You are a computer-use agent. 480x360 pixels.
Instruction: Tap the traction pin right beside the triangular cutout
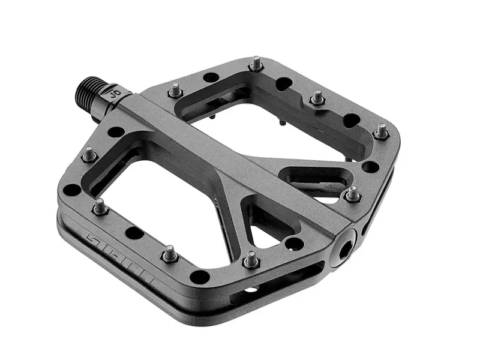250,259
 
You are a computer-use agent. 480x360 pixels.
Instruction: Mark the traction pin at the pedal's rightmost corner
381,131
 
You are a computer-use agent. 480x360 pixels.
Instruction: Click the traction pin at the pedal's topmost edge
256,62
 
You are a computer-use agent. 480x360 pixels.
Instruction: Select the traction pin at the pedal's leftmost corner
89,154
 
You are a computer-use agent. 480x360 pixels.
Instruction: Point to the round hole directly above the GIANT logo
73,190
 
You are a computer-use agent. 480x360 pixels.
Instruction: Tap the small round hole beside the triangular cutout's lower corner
294,243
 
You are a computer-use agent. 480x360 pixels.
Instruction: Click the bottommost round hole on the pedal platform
199,277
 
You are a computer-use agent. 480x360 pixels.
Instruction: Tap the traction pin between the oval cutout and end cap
353,193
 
